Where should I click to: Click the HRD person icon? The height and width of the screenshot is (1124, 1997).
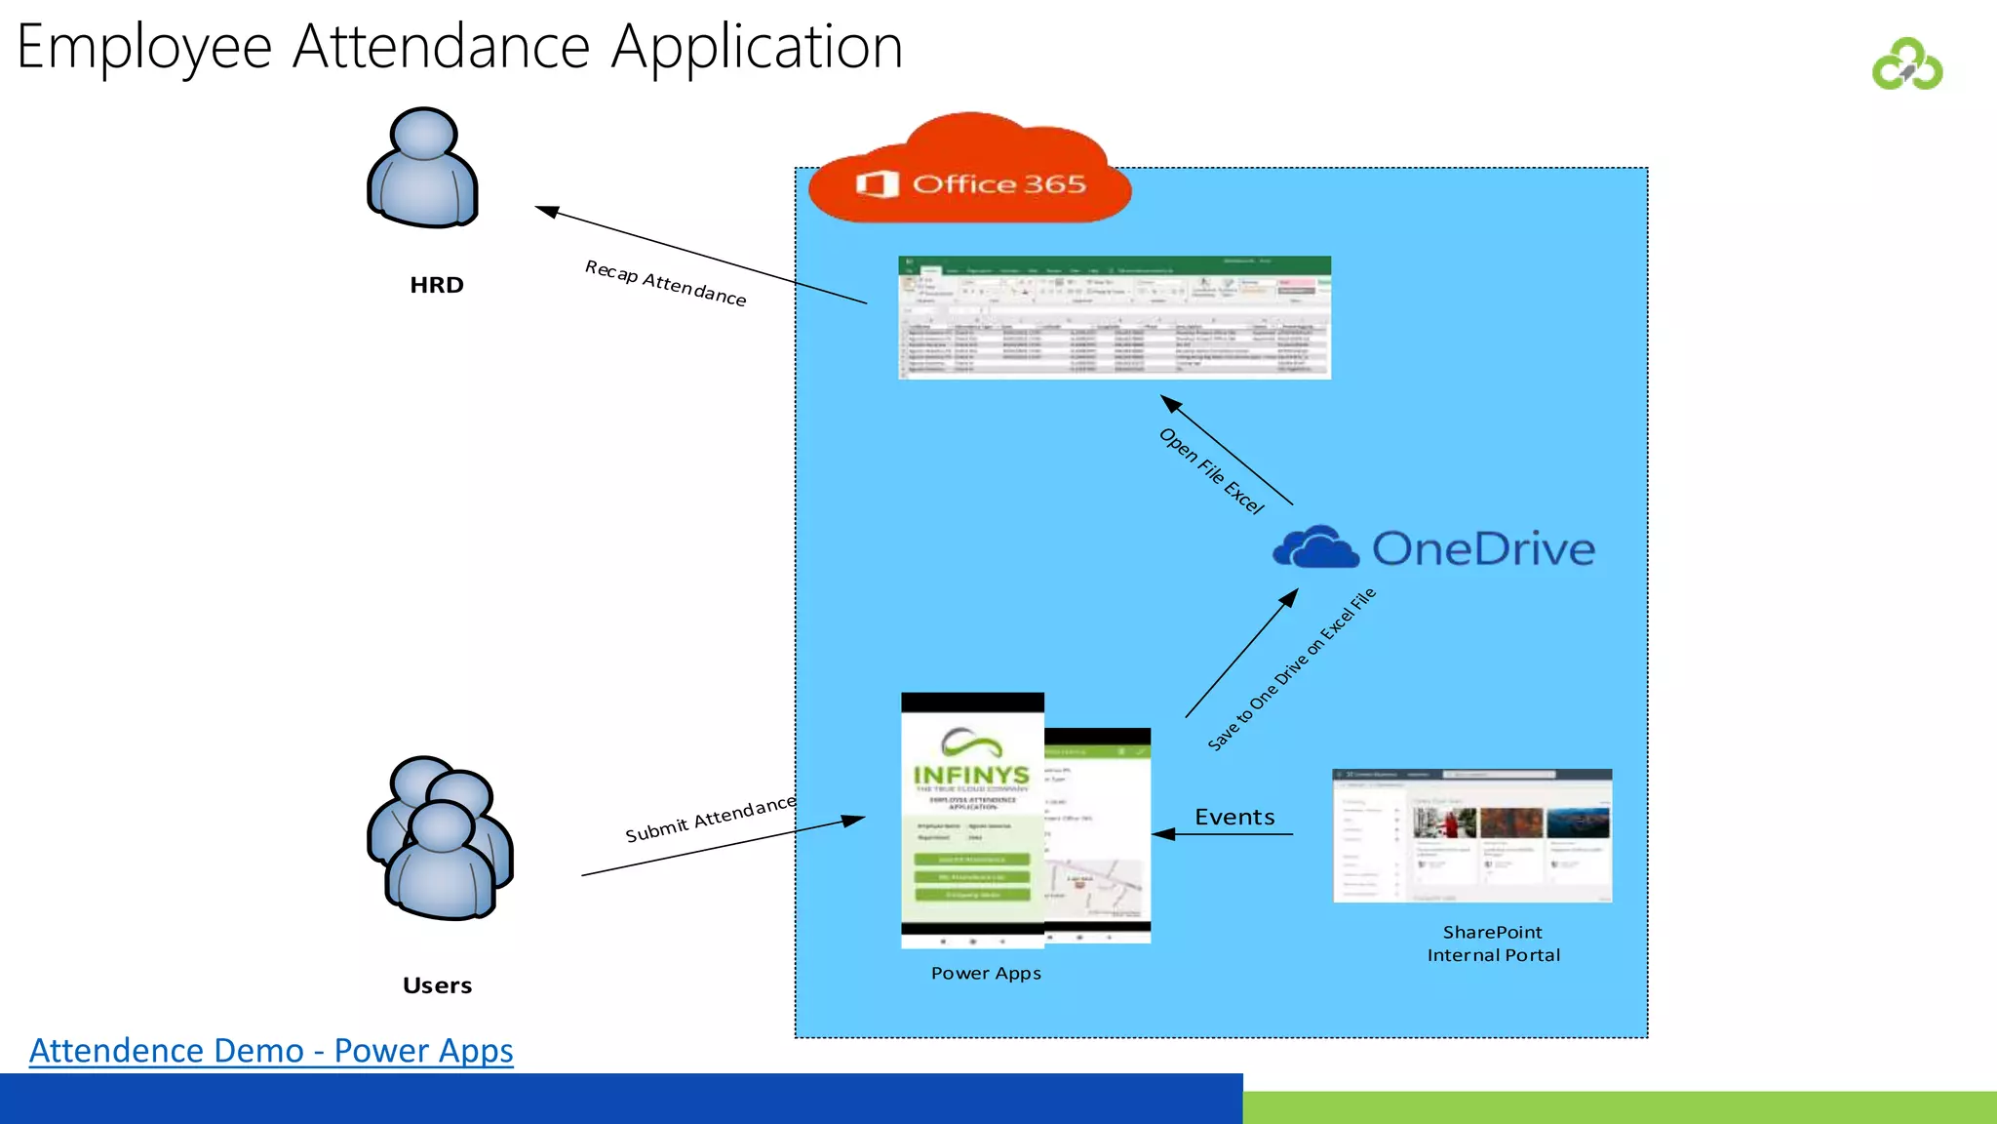[423, 169]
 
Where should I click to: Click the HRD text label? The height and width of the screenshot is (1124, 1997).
[436, 285]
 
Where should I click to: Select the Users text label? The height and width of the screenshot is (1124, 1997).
[437, 985]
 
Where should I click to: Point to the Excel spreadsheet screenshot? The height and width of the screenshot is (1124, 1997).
[1114, 318]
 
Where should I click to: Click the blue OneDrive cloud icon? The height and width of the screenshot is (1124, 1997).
[1315, 547]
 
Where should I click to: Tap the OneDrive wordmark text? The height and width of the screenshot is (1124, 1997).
[1483, 549]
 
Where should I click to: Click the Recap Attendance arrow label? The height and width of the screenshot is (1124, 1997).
[665, 284]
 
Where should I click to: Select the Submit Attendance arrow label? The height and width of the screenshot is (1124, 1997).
[710, 819]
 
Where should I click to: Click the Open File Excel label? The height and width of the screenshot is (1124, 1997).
[1211, 471]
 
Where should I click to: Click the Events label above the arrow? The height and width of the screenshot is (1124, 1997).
[1234, 817]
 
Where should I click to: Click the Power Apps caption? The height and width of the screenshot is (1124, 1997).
[986, 973]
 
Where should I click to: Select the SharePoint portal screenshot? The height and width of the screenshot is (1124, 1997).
[1471, 836]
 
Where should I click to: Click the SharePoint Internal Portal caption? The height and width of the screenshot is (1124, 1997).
[1493, 943]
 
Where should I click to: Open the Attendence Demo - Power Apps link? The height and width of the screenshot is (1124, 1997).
[271, 1051]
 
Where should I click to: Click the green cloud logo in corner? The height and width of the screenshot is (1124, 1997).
[1906, 65]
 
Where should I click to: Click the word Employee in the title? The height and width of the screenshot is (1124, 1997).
[144, 47]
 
